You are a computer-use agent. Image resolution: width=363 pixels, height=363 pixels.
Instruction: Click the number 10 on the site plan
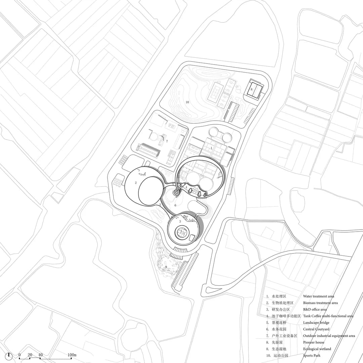coord(187,102)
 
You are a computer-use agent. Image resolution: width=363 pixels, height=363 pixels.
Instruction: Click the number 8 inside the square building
coord(251,89)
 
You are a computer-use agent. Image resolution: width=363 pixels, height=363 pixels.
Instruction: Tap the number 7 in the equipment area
coord(167,141)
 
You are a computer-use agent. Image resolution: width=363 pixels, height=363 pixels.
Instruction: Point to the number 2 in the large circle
coord(136,183)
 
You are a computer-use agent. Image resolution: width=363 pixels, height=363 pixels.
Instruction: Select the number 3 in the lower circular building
coord(180,221)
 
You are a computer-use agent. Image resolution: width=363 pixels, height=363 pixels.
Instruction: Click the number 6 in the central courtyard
coord(175,205)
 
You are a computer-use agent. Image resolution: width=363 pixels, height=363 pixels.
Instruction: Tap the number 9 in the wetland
coord(166,267)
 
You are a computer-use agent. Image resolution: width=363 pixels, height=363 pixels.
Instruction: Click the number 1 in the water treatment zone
coord(211,148)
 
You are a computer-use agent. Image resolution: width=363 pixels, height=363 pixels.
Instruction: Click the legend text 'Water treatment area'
coord(319,296)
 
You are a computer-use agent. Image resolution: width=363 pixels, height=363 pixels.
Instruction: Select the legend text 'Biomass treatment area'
coord(320,303)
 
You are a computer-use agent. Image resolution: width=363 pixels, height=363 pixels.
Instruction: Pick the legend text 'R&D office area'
coord(315,310)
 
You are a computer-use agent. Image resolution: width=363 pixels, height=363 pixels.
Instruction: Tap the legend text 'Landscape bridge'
coord(316,323)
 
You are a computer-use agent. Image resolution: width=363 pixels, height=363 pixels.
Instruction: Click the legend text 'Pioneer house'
coord(314,342)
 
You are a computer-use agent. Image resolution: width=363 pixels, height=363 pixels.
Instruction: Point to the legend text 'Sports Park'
coord(312,356)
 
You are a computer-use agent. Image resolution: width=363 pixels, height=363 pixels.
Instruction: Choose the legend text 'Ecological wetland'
coord(317,349)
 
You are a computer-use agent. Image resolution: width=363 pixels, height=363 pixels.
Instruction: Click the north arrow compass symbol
coord(9,356)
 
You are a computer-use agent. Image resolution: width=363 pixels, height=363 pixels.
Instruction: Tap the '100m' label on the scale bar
coord(72,355)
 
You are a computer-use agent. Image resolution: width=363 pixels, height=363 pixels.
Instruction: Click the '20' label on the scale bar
coord(30,355)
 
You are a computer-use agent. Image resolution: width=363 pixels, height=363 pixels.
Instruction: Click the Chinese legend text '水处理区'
coord(279,296)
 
